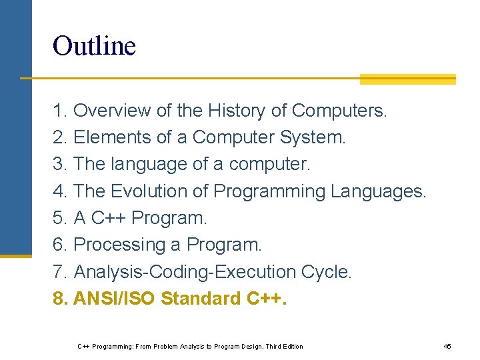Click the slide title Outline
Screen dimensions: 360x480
pyautogui.click(x=94, y=46)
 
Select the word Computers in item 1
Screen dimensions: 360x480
pyautogui.click(x=339, y=110)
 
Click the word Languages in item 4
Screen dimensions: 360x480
pyautogui.click(x=377, y=191)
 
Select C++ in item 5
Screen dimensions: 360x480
pyautogui.click(x=112, y=218)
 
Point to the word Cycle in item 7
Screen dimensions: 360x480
pyautogui.click(x=326, y=272)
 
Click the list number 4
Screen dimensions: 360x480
pyautogui.click(x=59, y=191)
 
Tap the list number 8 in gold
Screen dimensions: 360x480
pyautogui.click(x=59, y=299)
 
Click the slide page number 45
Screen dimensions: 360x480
pyautogui.click(x=447, y=346)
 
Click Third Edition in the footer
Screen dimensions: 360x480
pyautogui.click(x=284, y=346)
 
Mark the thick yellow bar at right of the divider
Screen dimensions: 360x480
pyautogui.click(x=407, y=79)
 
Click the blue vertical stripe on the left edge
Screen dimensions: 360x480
pyautogui.click(x=15, y=127)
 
